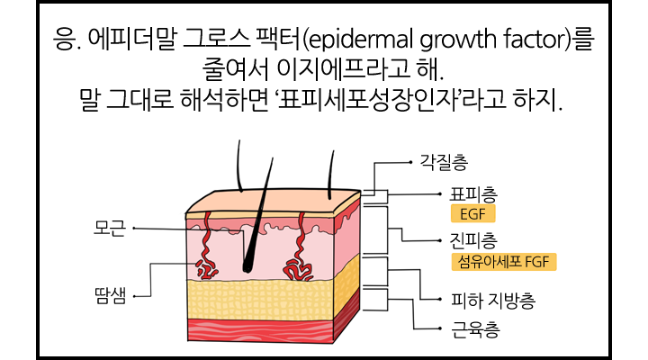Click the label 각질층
(x=444, y=162)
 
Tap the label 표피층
(x=473, y=195)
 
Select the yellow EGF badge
(x=472, y=214)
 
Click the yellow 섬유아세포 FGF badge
(x=504, y=262)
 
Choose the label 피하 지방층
(x=493, y=301)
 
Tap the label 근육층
(x=476, y=329)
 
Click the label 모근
(x=110, y=229)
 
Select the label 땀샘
(x=111, y=296)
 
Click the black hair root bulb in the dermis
(x=248, y=265)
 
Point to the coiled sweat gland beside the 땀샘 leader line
(x=207, y=269)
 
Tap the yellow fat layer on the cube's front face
(x=259, y=300)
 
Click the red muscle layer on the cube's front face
(x=260, y=330)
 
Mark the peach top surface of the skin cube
(x=273, y=202)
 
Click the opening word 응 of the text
(x=65, y=40)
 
